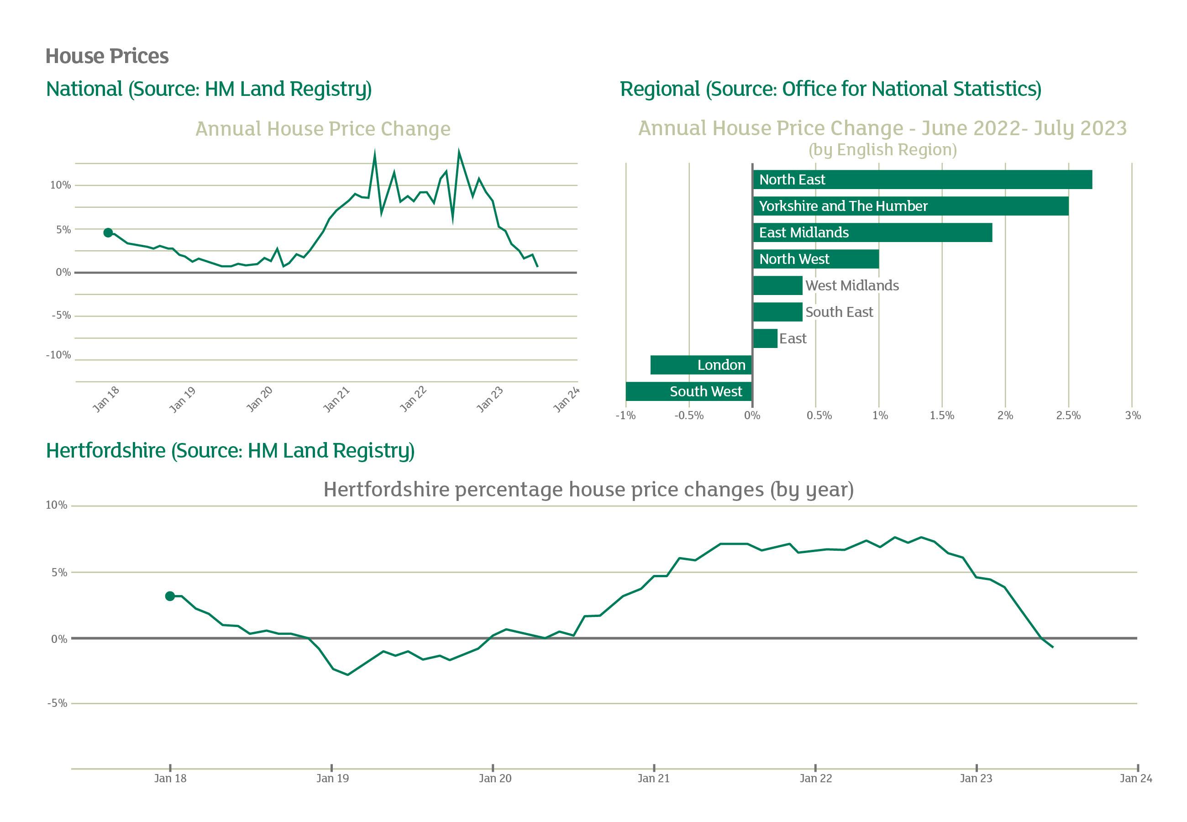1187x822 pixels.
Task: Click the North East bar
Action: click(x=921, y=180)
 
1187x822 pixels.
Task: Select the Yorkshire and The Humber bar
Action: click(x=910, y=206)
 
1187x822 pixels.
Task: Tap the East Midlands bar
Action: click(x=872, y=233)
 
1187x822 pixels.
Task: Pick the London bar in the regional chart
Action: click(x=701, y=365)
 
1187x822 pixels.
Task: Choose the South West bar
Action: click(x=689, y=391)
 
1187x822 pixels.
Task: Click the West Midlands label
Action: click(x=852, y=286)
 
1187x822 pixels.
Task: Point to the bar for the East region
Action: click(x=765, y=338)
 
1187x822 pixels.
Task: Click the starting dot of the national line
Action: click(x=108, y=233)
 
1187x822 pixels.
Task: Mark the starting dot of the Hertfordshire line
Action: click(x=170, y=596)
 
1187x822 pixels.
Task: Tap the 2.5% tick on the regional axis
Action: click(x=1068, y=416)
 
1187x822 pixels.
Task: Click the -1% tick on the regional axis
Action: click(x=625, y=416)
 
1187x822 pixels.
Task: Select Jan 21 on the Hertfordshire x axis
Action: click(x=654, y=778)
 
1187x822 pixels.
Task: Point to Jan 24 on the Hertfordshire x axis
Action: click(x=1135, y=778)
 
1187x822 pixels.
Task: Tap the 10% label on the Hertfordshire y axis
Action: click(x=57, y=505)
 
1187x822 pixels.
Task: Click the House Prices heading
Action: click(x=107, y=56)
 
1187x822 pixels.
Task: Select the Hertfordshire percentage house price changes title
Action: click(x=588, y=489)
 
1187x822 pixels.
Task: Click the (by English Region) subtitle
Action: click(x=882, y=150)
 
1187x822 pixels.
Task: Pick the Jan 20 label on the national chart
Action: click(x=259, y=399)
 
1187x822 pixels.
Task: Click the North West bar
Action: click(x=815, y=259)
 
